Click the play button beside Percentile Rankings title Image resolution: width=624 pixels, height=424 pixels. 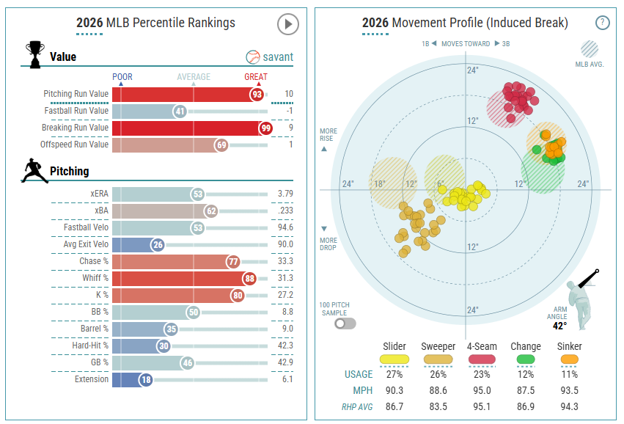click(x=287, y=24)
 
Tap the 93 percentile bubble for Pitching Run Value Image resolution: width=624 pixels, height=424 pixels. click(x=257, y=95)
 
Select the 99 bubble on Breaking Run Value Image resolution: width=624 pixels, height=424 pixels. click(x=265, y=128)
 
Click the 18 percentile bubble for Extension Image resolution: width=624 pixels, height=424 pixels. click(x=146, y=380)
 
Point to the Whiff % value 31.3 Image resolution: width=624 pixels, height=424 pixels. click(x=285, y=278)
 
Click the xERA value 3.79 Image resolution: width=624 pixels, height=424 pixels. click(x=285, y=194)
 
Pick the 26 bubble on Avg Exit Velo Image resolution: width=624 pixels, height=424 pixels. click(x=158, y=245)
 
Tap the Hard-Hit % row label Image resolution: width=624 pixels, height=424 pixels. click(x=90, y=346)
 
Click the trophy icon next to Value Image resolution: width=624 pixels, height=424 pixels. click(x=35, y=54)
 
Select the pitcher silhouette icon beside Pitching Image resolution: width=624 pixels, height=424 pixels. click(x=34, y=171)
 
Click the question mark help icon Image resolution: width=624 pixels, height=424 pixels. click(x=602, y=22)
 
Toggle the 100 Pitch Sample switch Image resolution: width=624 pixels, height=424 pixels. click(x=345, y=324)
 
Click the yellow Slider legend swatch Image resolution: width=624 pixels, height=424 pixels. click(x=394, y=359)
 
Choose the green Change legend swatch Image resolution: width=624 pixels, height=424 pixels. click(x=526, y=359)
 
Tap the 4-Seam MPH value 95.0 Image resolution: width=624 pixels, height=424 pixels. click(x=482, y=390)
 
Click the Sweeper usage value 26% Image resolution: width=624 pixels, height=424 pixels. click(x=438, y=375)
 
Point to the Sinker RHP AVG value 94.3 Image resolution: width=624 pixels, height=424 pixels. click(x=570, y=407)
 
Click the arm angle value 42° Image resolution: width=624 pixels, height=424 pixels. click(x=559, y=326)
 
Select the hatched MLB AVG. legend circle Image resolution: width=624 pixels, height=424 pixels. click(x=590, y=49)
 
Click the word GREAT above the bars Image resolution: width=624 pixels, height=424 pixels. click(x=256, y=77)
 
